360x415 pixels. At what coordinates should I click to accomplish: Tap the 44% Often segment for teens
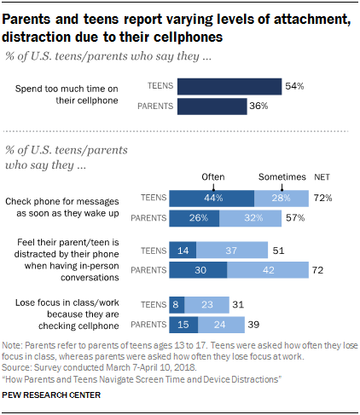212,198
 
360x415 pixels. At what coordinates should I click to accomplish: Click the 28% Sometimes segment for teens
282,198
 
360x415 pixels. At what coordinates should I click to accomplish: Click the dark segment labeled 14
183,251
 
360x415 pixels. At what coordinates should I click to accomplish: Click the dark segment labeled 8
177,304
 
